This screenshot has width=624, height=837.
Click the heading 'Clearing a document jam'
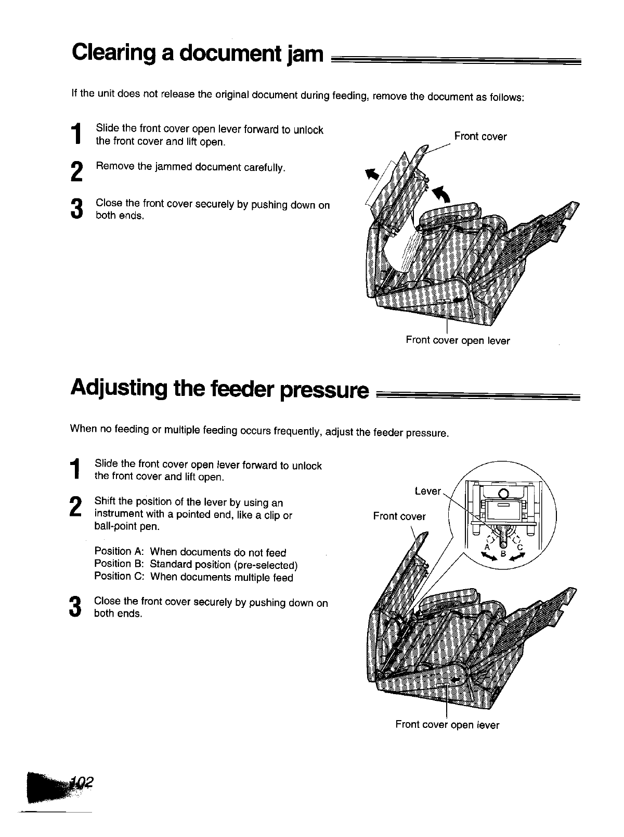coord(198,53)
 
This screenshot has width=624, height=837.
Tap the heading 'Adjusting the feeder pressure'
coord(219,388)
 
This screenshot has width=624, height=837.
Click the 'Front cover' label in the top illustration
coord(480,137)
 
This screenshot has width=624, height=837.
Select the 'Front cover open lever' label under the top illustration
coord(458,341)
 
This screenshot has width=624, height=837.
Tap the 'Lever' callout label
coord(428,491)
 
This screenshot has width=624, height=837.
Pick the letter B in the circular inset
coord(503,553)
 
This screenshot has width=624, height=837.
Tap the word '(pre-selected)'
coord(265,565)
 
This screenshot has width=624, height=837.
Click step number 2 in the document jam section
coord(76,172)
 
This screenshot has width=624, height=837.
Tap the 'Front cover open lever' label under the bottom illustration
coord(447,725)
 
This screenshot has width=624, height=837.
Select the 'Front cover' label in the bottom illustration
coord(399,516)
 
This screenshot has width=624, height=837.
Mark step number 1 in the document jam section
coord(76,134)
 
